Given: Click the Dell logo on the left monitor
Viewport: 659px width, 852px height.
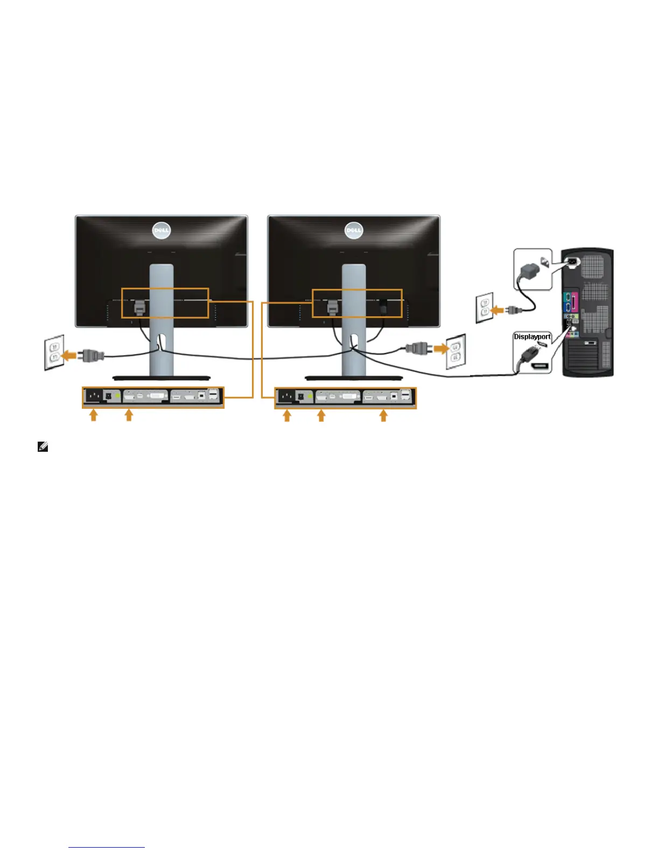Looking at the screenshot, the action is click(x=161, y=231).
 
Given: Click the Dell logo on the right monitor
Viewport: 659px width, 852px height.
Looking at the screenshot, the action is click(x=354, y=231).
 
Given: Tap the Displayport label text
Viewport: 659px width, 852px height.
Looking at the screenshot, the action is click(x=532, y=337).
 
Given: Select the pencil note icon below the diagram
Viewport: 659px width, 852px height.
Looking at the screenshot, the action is click(x=43, y=447).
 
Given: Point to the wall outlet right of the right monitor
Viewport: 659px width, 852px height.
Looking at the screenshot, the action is click(x=456, y=350).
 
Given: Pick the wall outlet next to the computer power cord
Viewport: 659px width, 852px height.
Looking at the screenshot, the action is click(x=484, y=308).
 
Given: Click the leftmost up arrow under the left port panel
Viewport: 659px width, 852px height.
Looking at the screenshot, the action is click(x=94, y=415).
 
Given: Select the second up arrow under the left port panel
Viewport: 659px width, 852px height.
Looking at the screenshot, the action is click(x=129, y=415).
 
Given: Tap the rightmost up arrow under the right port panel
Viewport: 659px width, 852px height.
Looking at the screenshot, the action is click(x=383, y=415).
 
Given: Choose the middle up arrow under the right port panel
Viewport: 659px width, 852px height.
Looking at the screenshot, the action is click(x=321, y=415).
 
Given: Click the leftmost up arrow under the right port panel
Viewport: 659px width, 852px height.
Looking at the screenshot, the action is click(x=287, y=415).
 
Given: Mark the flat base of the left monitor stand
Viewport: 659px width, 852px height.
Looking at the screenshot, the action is click(x=161, y=378).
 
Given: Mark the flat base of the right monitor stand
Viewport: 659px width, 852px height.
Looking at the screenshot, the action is click(x=354, y=378).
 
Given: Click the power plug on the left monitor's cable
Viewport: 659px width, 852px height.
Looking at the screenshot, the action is click(x=91, y=355).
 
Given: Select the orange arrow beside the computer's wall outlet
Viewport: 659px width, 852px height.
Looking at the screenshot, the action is click(x=498, y=310).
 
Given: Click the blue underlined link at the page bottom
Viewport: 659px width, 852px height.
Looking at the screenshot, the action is click(x=107, y=847).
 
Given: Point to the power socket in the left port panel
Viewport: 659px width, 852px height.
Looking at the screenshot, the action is click(x=94, y=397).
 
